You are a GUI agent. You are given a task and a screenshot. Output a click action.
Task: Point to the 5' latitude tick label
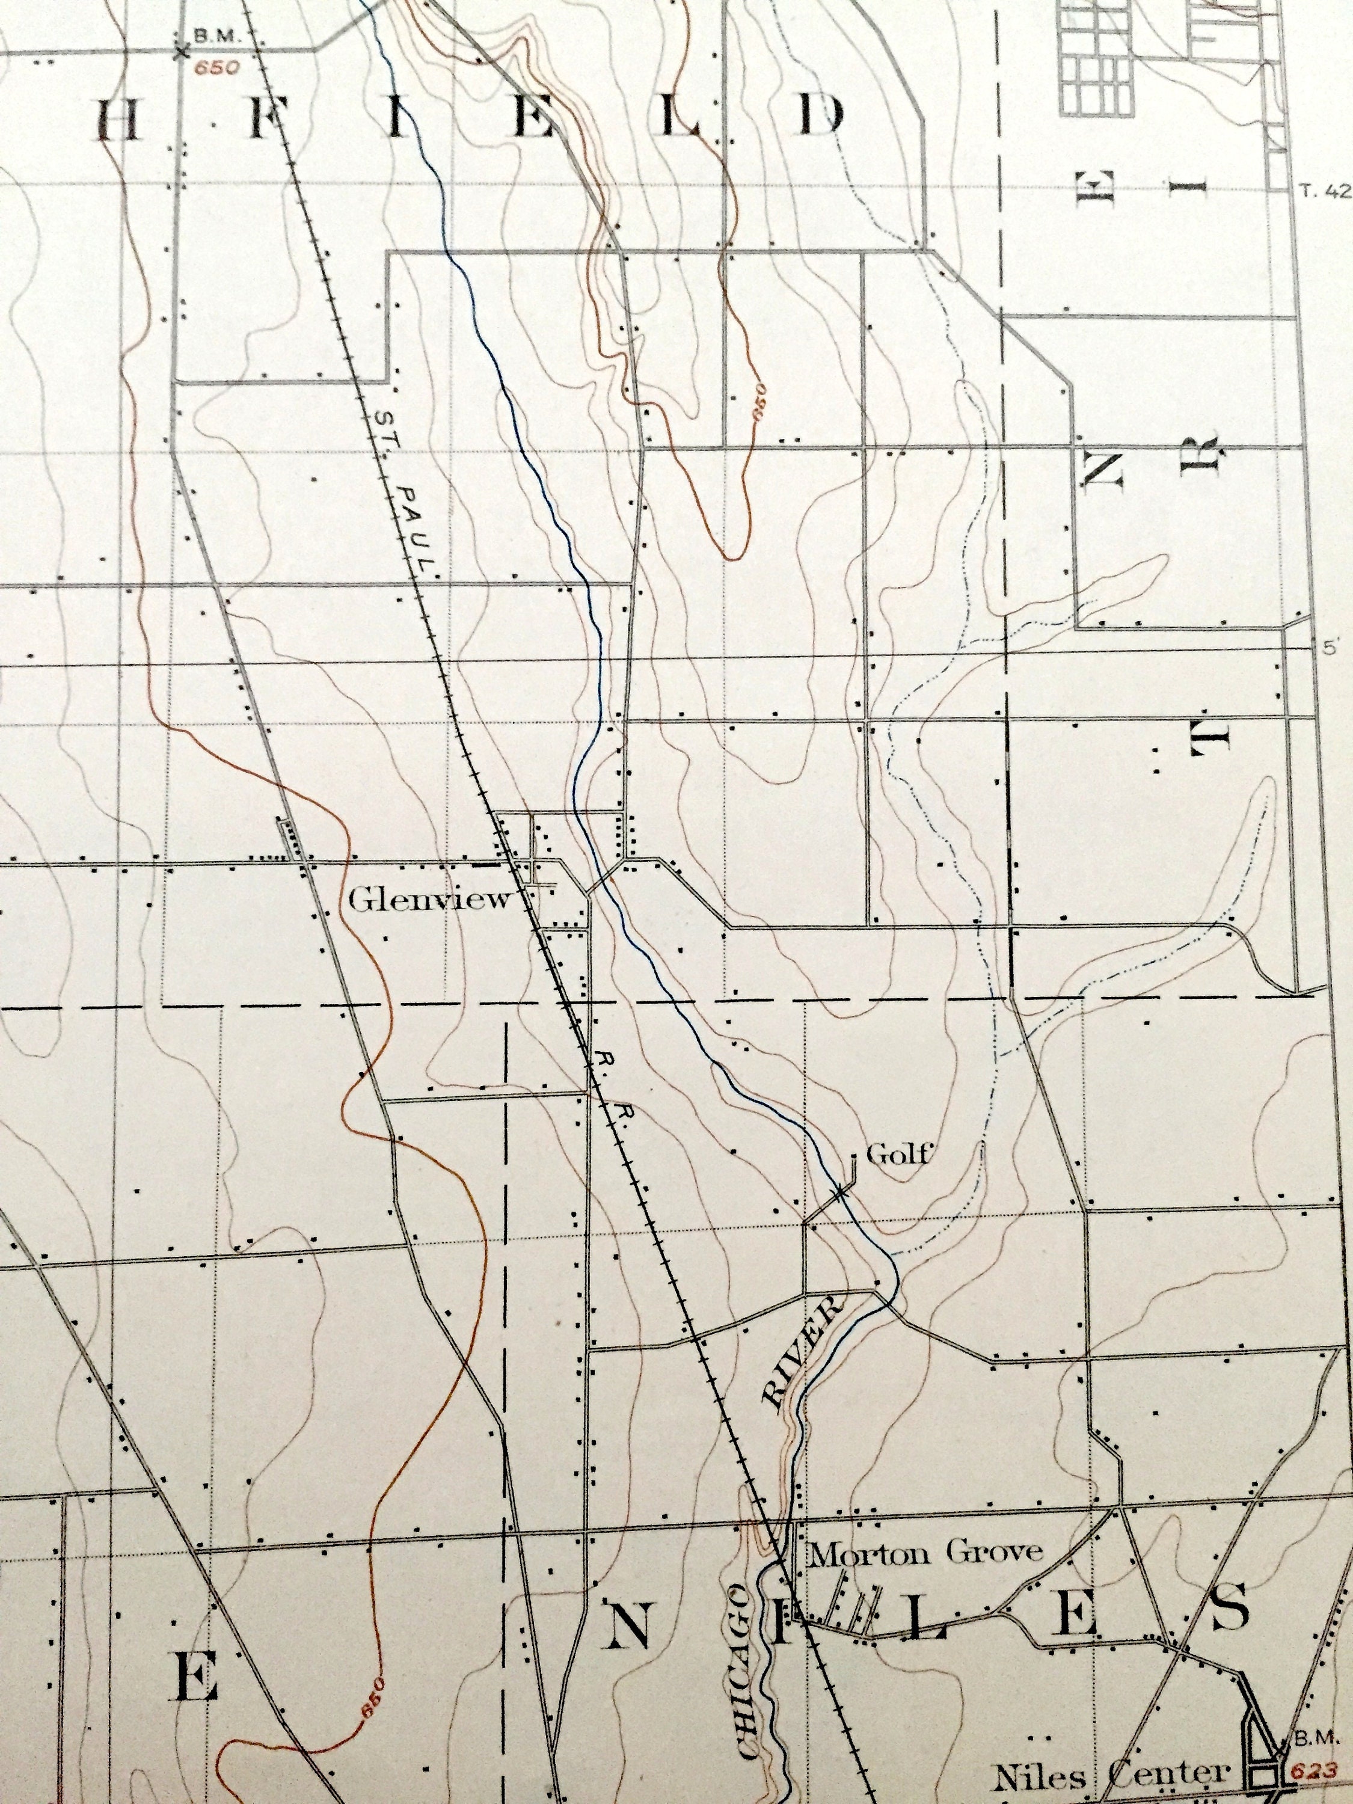click(1333, 648)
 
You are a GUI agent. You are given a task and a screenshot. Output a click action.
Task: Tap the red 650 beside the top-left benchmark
click(218, 68)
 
